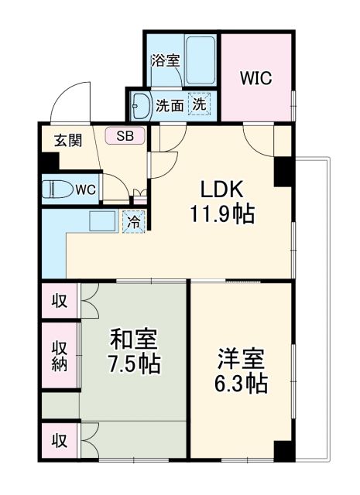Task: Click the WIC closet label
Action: tap(256, 77)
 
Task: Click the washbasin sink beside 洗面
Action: tap(142, 104)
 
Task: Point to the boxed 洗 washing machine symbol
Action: tap(200, 104)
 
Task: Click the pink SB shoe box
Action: tap(125, 136)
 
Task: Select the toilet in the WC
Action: tap(58, 188)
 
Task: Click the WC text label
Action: tap(87, 188)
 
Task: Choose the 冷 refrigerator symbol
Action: tap(135, 222)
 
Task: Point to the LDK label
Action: tap(224, 189)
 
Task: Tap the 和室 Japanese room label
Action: tap(134, 339)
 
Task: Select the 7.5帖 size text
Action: tap(134, 363)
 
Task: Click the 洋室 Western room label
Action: tap(241, 359)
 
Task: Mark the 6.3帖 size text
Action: tap(241, 383)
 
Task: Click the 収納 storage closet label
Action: tap(60, 357)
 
